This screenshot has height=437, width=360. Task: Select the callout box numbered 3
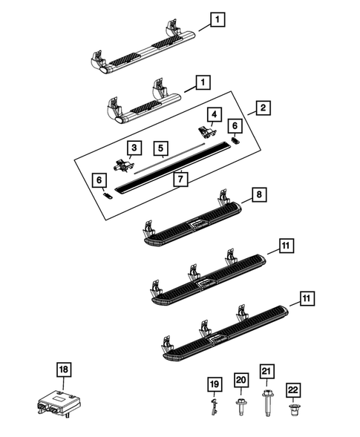tap(134, 149)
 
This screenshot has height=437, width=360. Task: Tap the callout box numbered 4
tap(215, 114)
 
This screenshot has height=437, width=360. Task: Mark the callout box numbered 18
tap(64, 369)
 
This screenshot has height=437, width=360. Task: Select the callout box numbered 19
tap(214, 384)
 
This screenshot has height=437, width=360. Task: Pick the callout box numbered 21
tap(266, 369)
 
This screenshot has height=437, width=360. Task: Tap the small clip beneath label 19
tap(214, 404)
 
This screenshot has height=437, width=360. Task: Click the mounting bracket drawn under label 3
tap(121, 165)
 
